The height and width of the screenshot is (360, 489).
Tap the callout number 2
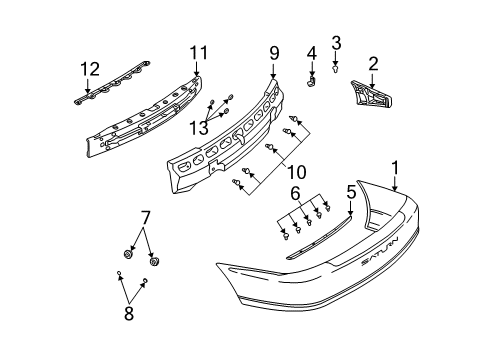[x=373, y=64]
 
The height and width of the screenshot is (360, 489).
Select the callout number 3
[x=336, y=42]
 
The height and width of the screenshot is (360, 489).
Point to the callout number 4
[x=311, y=52]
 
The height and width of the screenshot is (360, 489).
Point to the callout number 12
[x=90, y=68]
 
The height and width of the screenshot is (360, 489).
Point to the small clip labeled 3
[x=336, y=68]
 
